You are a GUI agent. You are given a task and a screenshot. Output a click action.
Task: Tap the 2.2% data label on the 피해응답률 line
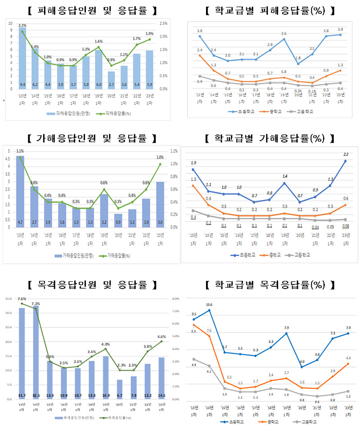pyautogui.click(x=22, y=25)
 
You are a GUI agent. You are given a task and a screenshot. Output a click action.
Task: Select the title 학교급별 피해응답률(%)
pyautogui.click(x=270, y=10)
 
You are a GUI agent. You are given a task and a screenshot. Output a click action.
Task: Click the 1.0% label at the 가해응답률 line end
pyautogui.click(x=160, y=157)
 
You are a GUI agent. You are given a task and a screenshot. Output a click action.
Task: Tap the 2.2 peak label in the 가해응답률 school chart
pyautogui.click(x=346, y=154)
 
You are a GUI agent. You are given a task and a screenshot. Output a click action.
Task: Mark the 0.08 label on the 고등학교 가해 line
pyautogui.click(x=346, y=226)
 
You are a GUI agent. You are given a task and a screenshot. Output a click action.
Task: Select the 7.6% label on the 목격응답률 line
pyautogui.click(x=22, y=299)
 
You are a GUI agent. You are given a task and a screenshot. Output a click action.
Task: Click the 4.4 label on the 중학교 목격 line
pyautogui.click(x=348, y=358)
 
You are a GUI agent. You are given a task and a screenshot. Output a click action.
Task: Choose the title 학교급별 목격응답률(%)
pyautogui.click(x=270, y=285)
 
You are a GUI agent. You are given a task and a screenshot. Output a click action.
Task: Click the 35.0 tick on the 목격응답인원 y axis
pyautogui.click(x=9, y=299)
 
